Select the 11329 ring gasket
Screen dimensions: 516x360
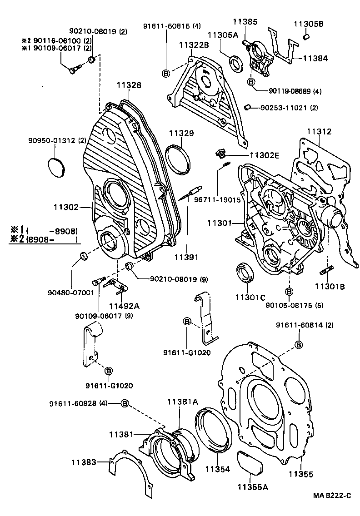coord(177,158)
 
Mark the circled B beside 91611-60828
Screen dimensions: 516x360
coord(125,404)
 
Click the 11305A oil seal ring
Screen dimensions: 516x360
coord(236,63)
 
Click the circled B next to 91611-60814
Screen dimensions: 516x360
coord(299,345)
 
